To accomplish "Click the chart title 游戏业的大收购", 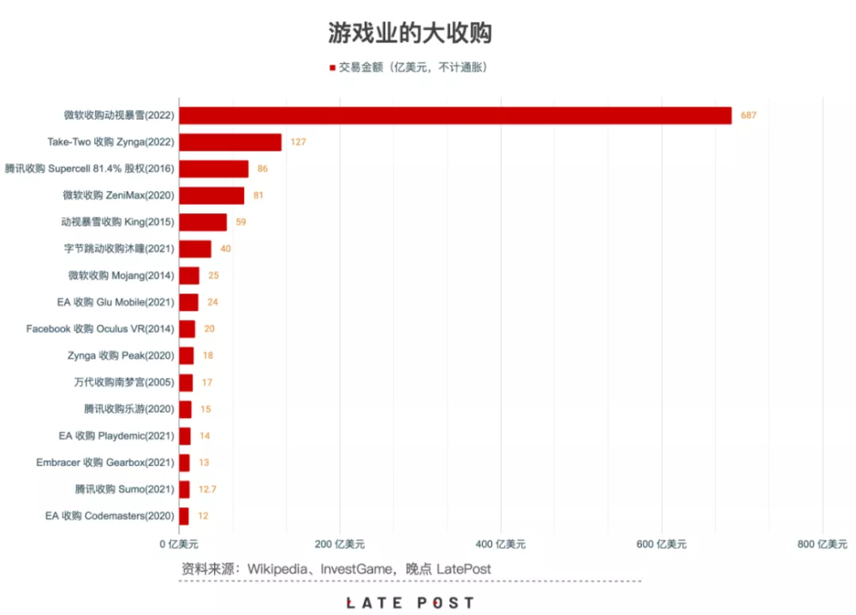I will coord(410,33).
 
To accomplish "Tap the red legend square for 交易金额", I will coord(332,68).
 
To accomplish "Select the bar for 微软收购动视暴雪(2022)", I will coord(455,116).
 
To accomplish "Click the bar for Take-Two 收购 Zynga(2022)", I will coord(229,142).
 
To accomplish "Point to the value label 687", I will coord(750,116).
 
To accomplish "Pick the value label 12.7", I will coord(206,490).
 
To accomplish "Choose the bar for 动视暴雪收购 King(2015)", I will coord(202,223).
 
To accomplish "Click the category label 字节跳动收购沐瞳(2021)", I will coord(119,249).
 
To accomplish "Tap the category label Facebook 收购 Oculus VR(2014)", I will coord(100,329).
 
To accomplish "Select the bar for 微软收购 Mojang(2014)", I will coord(188,276).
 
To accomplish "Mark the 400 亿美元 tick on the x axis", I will coord(501,544).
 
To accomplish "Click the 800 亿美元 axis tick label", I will coord(823,544).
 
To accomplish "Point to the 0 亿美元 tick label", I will coord(179,544).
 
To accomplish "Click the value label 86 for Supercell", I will coord(263,169).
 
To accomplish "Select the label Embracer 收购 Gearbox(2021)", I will coord(105,463).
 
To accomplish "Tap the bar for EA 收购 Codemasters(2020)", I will coord(183,516).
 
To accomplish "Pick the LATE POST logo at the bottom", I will coord(410,603).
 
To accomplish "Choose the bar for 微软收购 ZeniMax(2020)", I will coord(211,195).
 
